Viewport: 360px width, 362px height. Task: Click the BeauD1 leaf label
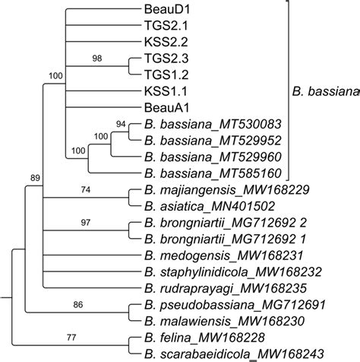click(161, 10)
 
